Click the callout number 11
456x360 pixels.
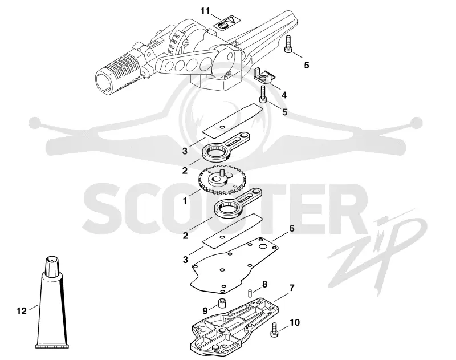pyautogui.click(x=205, y=11)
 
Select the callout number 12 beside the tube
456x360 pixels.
pyautogui.click(x=22, y=311)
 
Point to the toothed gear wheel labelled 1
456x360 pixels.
pyautogui.click(x=222, y=180)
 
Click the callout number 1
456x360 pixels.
pyautogui.click(x=185, y=200)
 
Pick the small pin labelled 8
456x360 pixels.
pyautogui.click(x=250, y=293)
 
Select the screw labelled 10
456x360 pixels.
pyautogui.click(x=274, y=330)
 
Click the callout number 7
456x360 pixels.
pyautogui.click(x=292, y=288)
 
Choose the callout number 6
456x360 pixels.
pyautogui.click(x=291, y=228)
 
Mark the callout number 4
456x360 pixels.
pyautogui.click(x=284, y=95)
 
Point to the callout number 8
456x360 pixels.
pyautogui.click(x=264, y=284)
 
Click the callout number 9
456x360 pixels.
pyautogui.click(x=205, y=311)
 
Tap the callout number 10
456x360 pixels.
pyautogui.click(x=295, y=322)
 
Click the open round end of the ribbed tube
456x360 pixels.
pyautogui.click(x=105, y=82)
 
